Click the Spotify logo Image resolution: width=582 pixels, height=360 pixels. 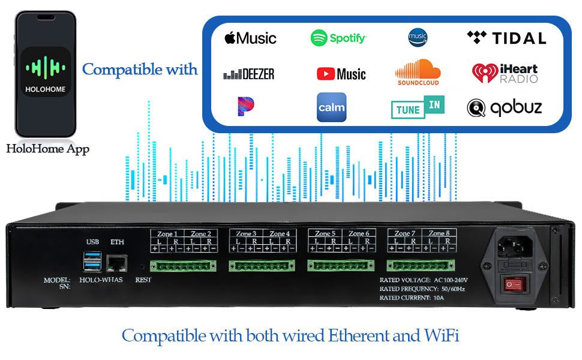coord(338,38)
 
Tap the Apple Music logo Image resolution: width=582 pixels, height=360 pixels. coord(250,38)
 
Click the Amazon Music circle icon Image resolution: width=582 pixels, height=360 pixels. coord(418,37)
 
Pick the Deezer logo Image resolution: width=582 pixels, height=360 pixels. coord(248,74)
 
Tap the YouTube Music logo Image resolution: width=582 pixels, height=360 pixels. coord(341,74)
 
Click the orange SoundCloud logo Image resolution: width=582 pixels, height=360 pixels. coord(418,72)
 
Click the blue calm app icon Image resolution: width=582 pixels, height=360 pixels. coord(331,107)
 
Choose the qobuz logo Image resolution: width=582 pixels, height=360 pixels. coord(504,107)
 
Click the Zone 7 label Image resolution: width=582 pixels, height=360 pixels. coord(405,233)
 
